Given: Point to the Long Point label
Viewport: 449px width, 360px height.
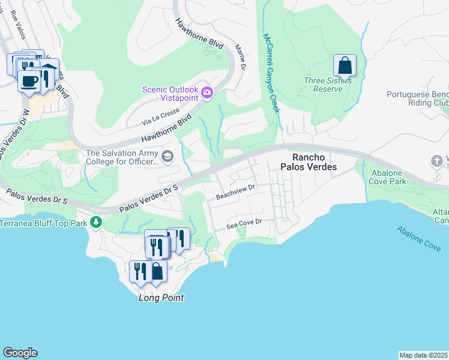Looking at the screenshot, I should [x=161, y=298].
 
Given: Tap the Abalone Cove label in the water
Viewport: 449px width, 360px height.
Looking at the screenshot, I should [x=419, y=238].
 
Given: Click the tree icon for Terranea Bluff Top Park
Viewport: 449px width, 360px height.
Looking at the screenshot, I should [x=96, y=223].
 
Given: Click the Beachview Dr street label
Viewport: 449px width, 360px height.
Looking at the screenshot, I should [x=236, y=191].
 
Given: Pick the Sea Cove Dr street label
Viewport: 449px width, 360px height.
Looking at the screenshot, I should [x=245, y=226].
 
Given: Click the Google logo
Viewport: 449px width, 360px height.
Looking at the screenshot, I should [x=20, y=353].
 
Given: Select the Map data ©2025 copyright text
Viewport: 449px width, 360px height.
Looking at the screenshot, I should [x=423, y=355].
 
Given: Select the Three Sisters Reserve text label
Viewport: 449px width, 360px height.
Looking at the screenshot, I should [x=323, y=85].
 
